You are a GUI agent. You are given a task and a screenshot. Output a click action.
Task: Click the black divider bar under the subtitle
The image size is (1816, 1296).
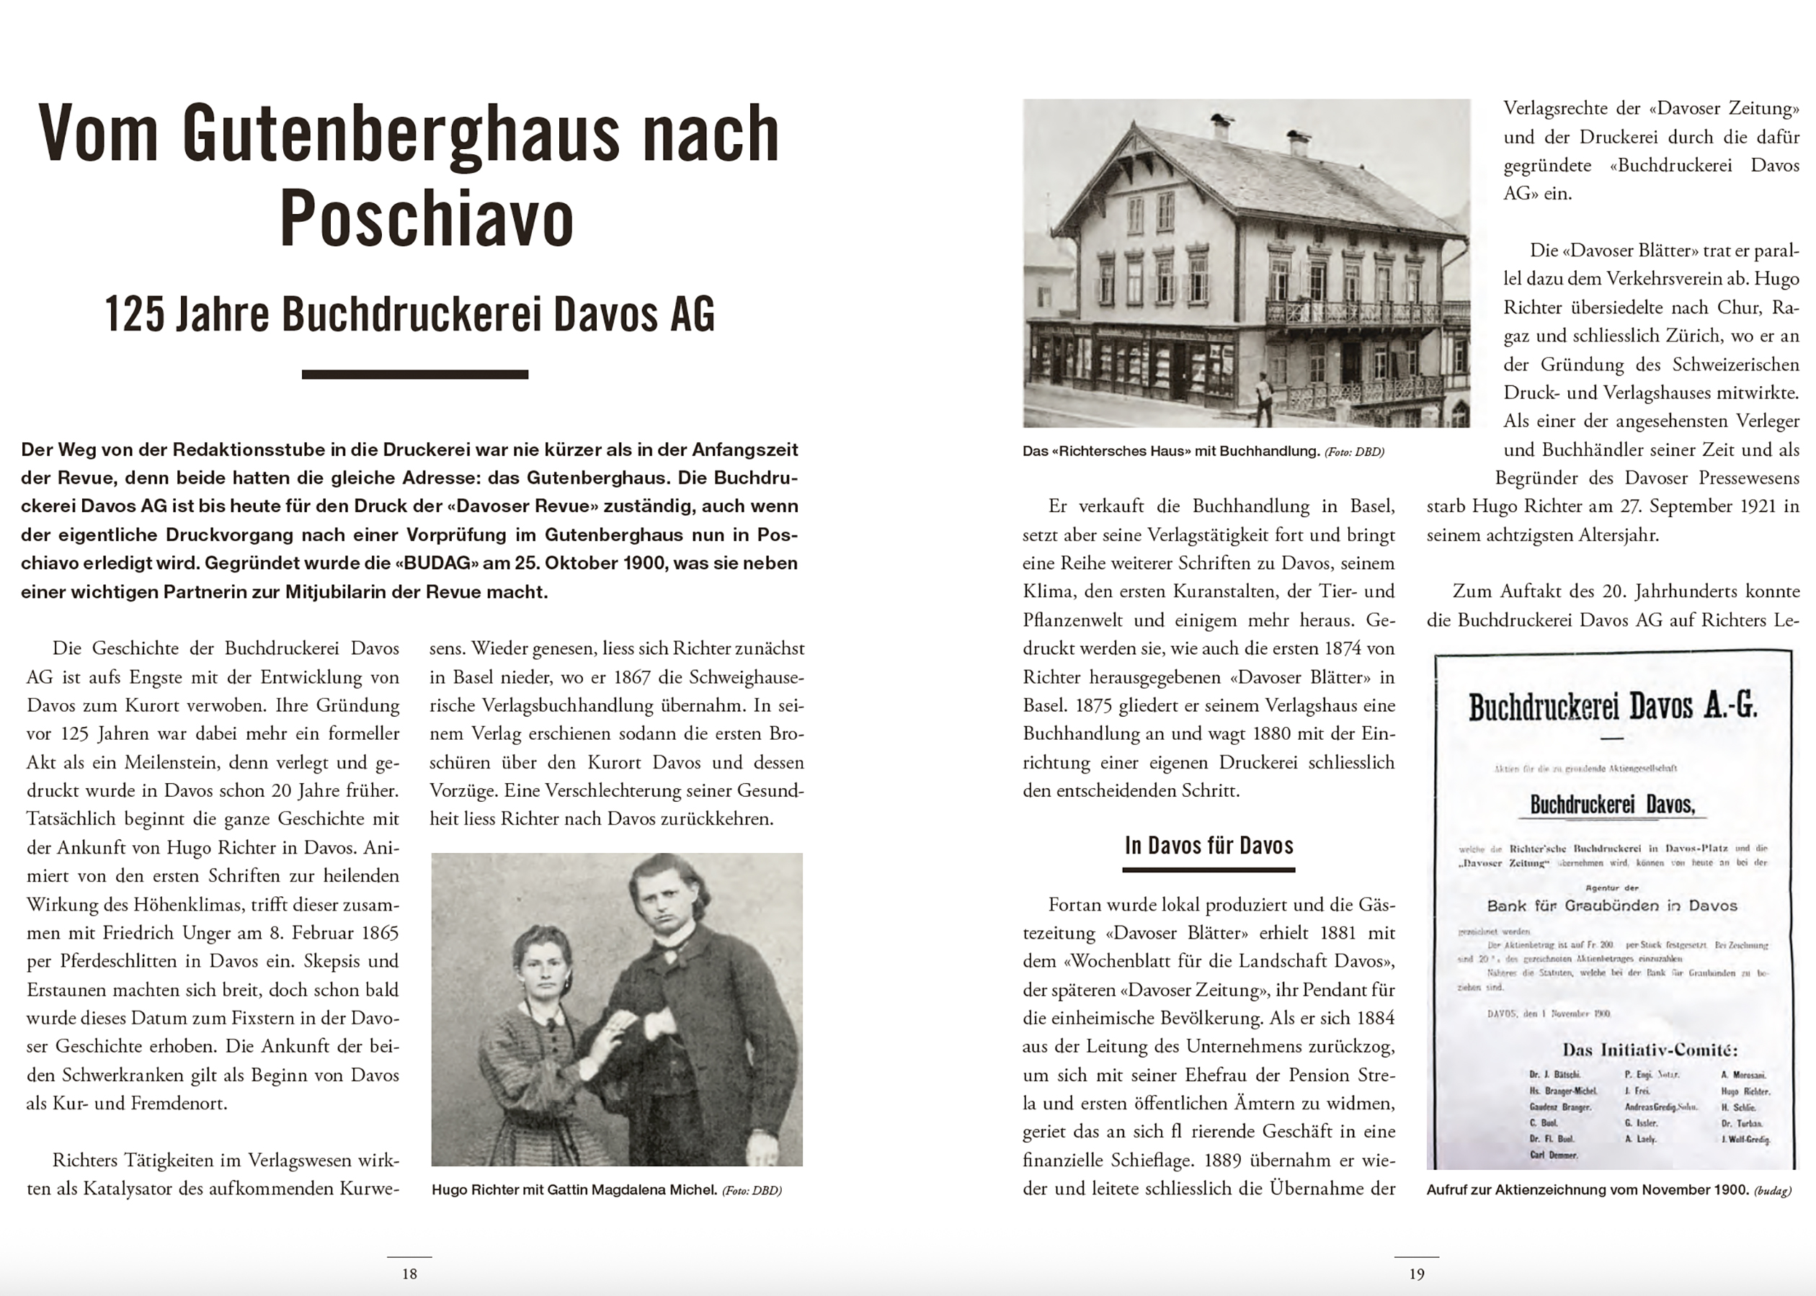point(414,375)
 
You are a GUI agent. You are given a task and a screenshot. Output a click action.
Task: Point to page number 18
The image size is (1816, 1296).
point(409,1274)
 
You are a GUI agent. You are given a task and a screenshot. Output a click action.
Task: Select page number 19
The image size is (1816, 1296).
point(1417,1274)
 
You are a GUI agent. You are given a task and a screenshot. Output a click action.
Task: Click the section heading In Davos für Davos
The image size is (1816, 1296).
point(1209,846)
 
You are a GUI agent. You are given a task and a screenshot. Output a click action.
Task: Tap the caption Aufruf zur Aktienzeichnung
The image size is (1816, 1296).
point(1588,1190)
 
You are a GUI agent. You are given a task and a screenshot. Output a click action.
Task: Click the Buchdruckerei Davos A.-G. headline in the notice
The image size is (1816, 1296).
point(1613,707)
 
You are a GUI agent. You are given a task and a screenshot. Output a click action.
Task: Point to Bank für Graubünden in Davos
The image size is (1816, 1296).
point(1611,906)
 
